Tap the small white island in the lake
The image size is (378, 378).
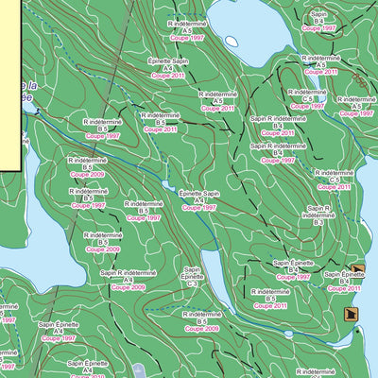(x=231, y=41)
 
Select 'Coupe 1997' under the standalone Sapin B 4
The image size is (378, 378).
(x=318, y=29)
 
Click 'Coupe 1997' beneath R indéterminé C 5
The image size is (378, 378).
(x=308, y=106)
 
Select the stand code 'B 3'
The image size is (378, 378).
(x=318, y=222)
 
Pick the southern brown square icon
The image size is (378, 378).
(x=352, y=316)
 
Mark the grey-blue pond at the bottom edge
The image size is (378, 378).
(x=139, y=371)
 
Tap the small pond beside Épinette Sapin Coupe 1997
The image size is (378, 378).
(x=170, y=186)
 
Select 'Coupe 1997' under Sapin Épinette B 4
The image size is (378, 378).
(x=293, y=277)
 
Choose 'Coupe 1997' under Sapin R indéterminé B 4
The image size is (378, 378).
(x=278, y=161)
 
